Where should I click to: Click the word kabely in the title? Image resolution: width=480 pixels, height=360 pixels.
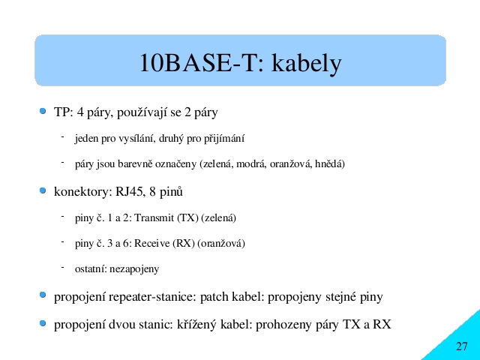tap(306, 63)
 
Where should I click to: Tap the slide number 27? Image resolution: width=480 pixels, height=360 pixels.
tap(462, 346)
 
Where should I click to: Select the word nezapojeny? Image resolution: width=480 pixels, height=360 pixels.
tap(134, 269)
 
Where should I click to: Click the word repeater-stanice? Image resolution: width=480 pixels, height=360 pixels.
tap(152, 297)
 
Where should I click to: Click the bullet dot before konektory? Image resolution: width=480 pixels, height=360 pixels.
tap(43, 191)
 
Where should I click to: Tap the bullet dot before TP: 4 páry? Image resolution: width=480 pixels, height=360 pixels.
tap(43, 111)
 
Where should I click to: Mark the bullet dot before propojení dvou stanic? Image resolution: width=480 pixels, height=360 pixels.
tap(43, 323)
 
